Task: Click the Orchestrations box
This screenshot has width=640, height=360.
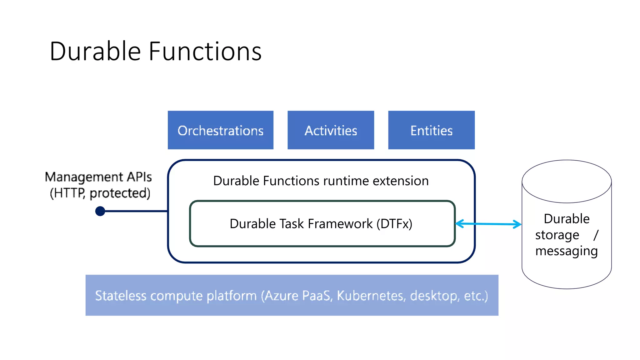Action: click(220, 130)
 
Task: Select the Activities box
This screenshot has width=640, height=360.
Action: click(331, 130)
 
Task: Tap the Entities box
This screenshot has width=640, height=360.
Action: click(431, 130)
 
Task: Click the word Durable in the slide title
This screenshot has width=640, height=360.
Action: click(95, 51)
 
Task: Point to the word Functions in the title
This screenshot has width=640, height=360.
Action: click(205, 51)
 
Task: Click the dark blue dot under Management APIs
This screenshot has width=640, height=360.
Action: click(100, 211)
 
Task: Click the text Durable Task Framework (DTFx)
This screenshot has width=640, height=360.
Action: click(321, 224)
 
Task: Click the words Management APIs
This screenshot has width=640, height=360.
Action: click(98, 177)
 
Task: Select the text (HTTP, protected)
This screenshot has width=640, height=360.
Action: click(100, 193)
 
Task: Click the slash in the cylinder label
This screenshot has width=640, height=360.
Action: click(596, 235)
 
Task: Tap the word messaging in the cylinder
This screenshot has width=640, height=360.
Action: click(566, 251)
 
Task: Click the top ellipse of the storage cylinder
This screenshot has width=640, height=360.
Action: click(566, 181)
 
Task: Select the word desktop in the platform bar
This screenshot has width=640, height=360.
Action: click(434, 296)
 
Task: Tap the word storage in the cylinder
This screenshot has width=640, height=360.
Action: click(557, 235)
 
